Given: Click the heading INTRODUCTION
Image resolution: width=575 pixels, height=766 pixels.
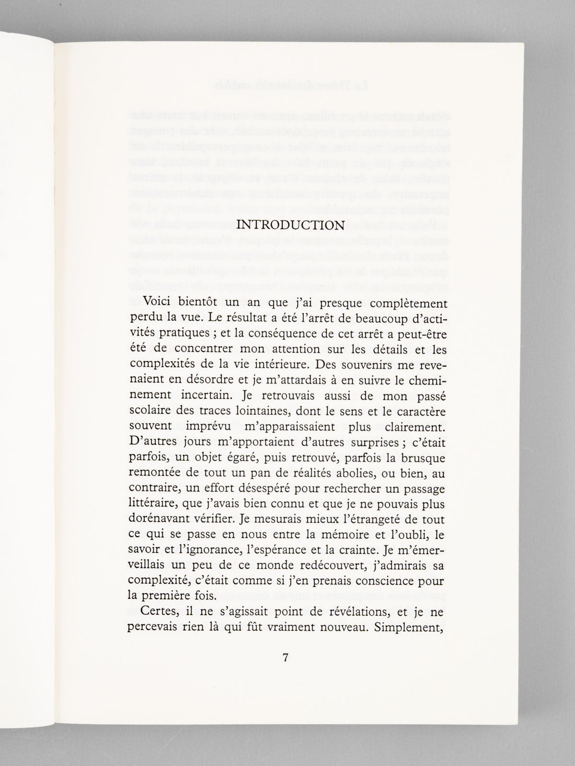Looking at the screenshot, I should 291,225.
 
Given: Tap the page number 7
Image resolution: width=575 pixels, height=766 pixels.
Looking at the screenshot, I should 286,658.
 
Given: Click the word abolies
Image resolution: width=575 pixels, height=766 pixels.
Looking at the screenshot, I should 346,474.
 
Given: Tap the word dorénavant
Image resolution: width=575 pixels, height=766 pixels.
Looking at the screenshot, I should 160,519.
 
